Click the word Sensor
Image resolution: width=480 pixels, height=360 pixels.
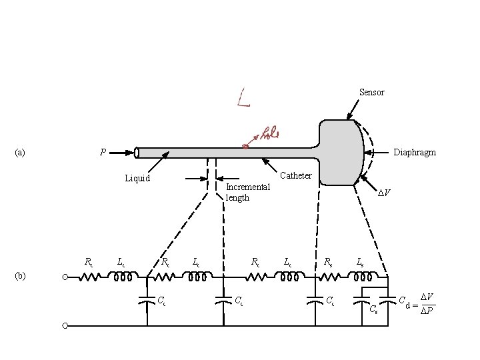(x=371, y=92)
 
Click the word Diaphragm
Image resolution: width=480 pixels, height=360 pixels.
(x=415, y=152)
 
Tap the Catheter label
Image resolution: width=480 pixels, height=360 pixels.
(x=296, y=176)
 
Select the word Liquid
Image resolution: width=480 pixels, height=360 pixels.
(x=137, y=178)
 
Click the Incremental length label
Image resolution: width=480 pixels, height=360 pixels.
(x=247, y=192)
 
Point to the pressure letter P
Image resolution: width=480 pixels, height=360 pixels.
(x=103, y=152)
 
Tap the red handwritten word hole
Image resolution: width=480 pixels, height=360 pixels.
(x=268, y=133)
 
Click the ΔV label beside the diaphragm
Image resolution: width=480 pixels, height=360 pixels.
(x=384, y=193)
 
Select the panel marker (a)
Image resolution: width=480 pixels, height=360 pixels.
(x=20, y=152)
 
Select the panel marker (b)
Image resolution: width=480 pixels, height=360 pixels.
(x=20, y=275)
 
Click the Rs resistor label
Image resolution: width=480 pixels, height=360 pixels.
(x=328, y=262)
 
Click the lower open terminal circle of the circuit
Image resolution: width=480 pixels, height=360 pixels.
(x=65, y=326)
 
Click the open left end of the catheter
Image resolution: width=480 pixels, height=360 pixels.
(x=137, y=153)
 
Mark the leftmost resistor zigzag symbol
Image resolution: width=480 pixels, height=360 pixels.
(x=89, y=276)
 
